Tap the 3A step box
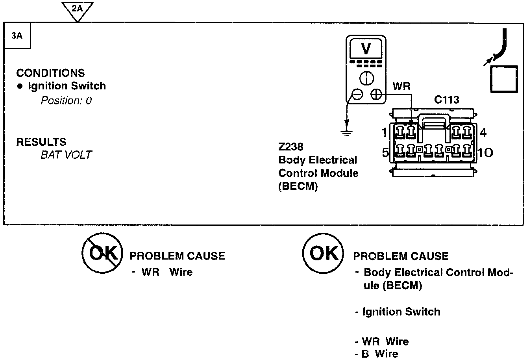[x=17, y=36]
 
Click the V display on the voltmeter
[x=366, y=49]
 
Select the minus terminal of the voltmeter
[x=357, y=94]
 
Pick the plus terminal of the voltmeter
[x=376, y=94]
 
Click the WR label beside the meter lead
[x=401, y=86]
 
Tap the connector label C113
[x=447, y=100]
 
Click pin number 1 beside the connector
[x=385, y=132]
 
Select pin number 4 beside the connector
[x=483, y=132]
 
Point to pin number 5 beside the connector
[x=385, y=152]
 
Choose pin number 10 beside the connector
[x=486, y=152]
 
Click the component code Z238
[x=290, y=147]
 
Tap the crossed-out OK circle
[x=102, y=252]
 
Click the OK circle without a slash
[x=323, y=252]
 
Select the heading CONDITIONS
[x=50, y=73]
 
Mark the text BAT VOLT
[x=66, y=155]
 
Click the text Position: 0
[x=66, y=100]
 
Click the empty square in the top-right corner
[x=504, y=79]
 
